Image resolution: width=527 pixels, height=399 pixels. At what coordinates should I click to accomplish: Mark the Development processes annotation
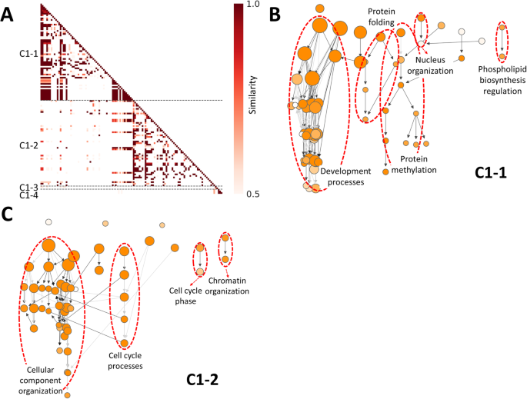[346, 176]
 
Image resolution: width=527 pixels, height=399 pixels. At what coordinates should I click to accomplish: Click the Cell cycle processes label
[125, 361]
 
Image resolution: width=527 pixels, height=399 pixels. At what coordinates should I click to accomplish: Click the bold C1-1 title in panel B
[488, 176]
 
